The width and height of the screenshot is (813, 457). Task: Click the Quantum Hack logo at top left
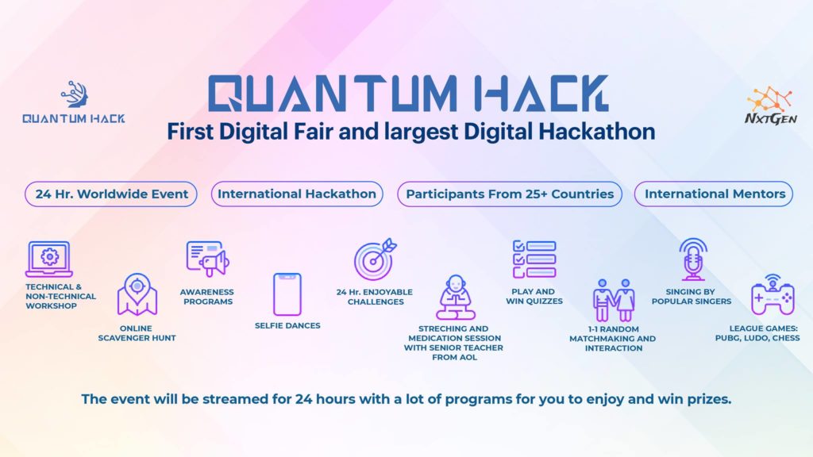click(73, 102)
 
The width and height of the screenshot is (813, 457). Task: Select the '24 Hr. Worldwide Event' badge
click(111, 194)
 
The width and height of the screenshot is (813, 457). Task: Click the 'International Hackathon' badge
click(297, 194)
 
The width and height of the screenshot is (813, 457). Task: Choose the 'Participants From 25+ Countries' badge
click(510, 194)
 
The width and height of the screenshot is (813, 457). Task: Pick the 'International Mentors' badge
click(715, 194)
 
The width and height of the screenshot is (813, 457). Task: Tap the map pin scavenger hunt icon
click(137, 294)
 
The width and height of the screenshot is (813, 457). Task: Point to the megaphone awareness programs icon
click(206, 259)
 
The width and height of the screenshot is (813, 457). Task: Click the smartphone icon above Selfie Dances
click(287, 294)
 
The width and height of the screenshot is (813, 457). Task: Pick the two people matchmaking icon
click(614, 299)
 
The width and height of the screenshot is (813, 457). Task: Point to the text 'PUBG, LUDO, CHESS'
click(765, 338)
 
